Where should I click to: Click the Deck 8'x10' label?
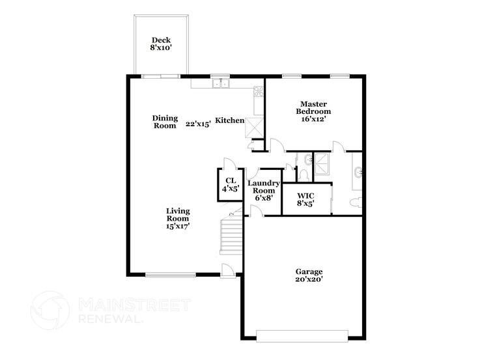coord(161,44)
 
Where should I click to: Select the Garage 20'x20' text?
coord(309,276)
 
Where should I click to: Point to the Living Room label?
coord(177,219)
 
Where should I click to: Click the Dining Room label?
coord(165,122)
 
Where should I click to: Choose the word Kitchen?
coord(230,120)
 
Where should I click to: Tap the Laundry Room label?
coord(263,190)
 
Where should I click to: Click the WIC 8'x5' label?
coord(306,199)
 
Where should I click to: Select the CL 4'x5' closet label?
coord(230,185)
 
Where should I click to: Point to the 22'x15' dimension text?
coord(198,124)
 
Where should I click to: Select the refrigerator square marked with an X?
coord(256,125)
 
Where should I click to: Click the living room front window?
coord(171,275)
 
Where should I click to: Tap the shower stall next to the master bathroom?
coord(322,166)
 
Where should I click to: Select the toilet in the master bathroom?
coord(356,202)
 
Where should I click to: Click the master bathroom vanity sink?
coord(358,173)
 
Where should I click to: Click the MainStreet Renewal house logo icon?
coord(50,310)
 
